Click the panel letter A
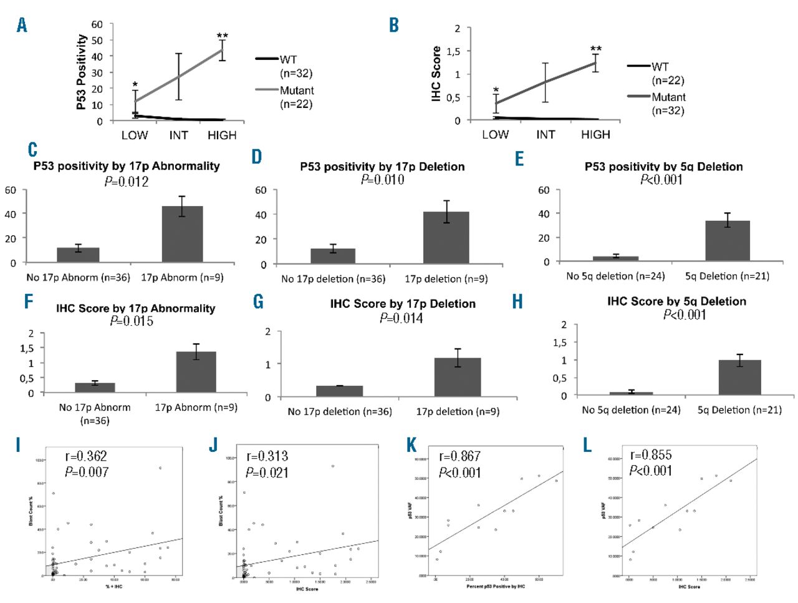pos(22,26)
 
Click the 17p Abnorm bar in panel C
pos(182,234)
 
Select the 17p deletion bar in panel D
pos(446,237)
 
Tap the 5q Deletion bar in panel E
pos(727,241)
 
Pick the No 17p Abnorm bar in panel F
pos(95,387)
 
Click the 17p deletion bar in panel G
pos(458,377)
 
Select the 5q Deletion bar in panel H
pos(739,377)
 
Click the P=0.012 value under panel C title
pos(127,182)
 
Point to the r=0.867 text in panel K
pos(460,456)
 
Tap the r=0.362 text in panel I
pos(86,456)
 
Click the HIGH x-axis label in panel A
pos(222,135)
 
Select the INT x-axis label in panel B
pos(546,134)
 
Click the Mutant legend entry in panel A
pos(296,91)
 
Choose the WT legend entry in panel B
pos(660,67)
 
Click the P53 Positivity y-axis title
pos(81,72)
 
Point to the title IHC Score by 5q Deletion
pos(676,301)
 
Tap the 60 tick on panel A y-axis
pos(97,24)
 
